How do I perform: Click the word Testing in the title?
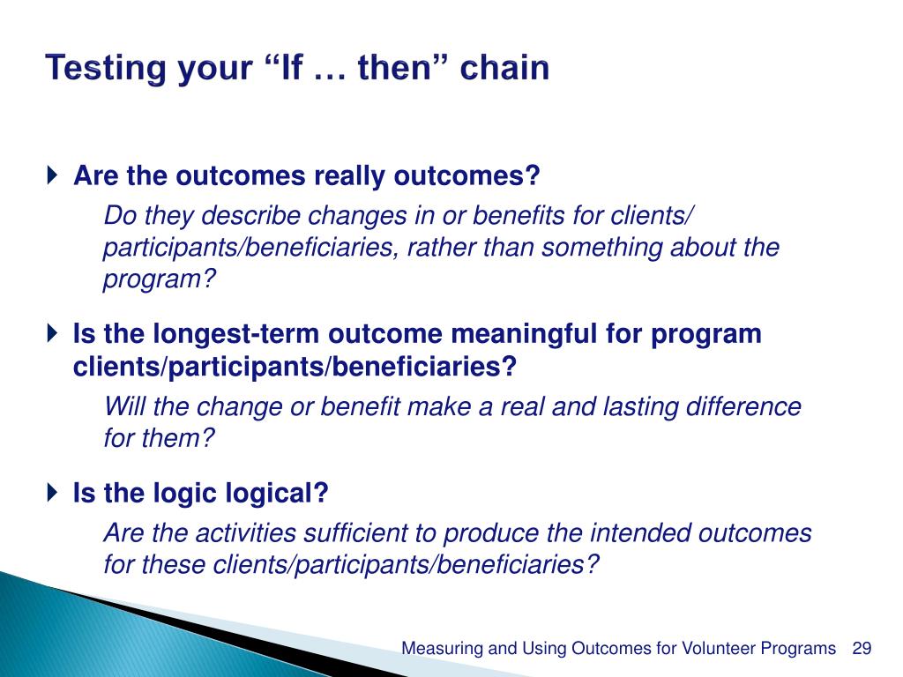click(106, 69)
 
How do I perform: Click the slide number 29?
click(862, 648)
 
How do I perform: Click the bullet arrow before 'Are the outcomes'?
click(52, 175)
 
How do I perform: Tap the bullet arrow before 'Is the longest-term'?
click(52, 332)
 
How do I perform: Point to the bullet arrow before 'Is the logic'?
click(52, 492)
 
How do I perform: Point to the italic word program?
click(160, 280)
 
